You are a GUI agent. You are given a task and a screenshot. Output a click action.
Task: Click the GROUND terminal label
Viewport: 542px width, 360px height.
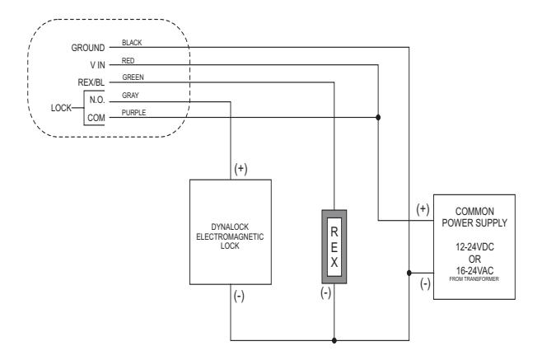(88, 48)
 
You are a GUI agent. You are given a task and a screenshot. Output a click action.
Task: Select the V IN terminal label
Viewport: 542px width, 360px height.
(97, 65)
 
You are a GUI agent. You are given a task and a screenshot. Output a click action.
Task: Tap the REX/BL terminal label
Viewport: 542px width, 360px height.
(91, 82)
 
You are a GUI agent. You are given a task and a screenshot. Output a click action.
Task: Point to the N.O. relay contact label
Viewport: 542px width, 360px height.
(97, 100)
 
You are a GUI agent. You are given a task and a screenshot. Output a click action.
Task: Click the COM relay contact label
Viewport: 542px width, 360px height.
(96, 118)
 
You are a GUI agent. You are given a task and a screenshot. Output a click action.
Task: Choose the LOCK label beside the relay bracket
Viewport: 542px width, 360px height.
(61, 108)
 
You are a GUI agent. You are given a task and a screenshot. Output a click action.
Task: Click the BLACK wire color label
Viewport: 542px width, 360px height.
(132, 43)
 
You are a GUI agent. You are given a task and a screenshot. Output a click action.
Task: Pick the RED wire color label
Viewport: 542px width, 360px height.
(128, 61)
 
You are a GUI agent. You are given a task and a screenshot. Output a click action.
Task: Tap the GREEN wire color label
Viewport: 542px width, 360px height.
(133, 77)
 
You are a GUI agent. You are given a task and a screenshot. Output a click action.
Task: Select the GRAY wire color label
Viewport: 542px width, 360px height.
(130, 96)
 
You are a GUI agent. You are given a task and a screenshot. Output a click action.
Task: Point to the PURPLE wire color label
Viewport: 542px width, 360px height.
(133, 113)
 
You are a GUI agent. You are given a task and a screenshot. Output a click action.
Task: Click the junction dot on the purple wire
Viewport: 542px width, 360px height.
(378, 117)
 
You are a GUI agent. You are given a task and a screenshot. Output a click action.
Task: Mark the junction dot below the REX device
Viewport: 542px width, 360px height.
(334, 340)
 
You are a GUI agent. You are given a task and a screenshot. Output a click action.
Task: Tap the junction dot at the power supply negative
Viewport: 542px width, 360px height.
(409, 274)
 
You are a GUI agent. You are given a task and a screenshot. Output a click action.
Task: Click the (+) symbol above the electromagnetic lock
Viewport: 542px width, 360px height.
(241, 169)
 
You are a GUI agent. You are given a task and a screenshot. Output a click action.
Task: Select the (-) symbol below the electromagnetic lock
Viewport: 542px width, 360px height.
(239, 296)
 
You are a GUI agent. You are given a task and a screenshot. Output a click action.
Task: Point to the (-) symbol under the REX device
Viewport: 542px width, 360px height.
(325, 293)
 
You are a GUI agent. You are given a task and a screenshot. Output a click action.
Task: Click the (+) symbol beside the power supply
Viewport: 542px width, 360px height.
(423, 209)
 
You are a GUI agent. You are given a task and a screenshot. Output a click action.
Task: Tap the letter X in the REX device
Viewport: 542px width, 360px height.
(334, 263)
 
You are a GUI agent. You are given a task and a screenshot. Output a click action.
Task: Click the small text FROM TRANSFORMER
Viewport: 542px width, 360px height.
(474, 279)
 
